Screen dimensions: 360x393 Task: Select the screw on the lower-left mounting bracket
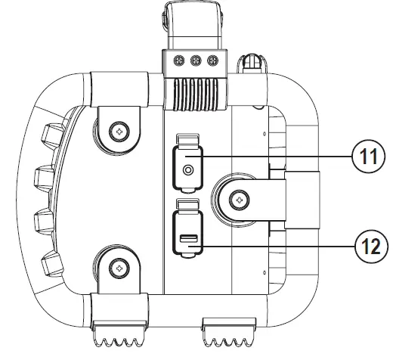click(x=118, y=266)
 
